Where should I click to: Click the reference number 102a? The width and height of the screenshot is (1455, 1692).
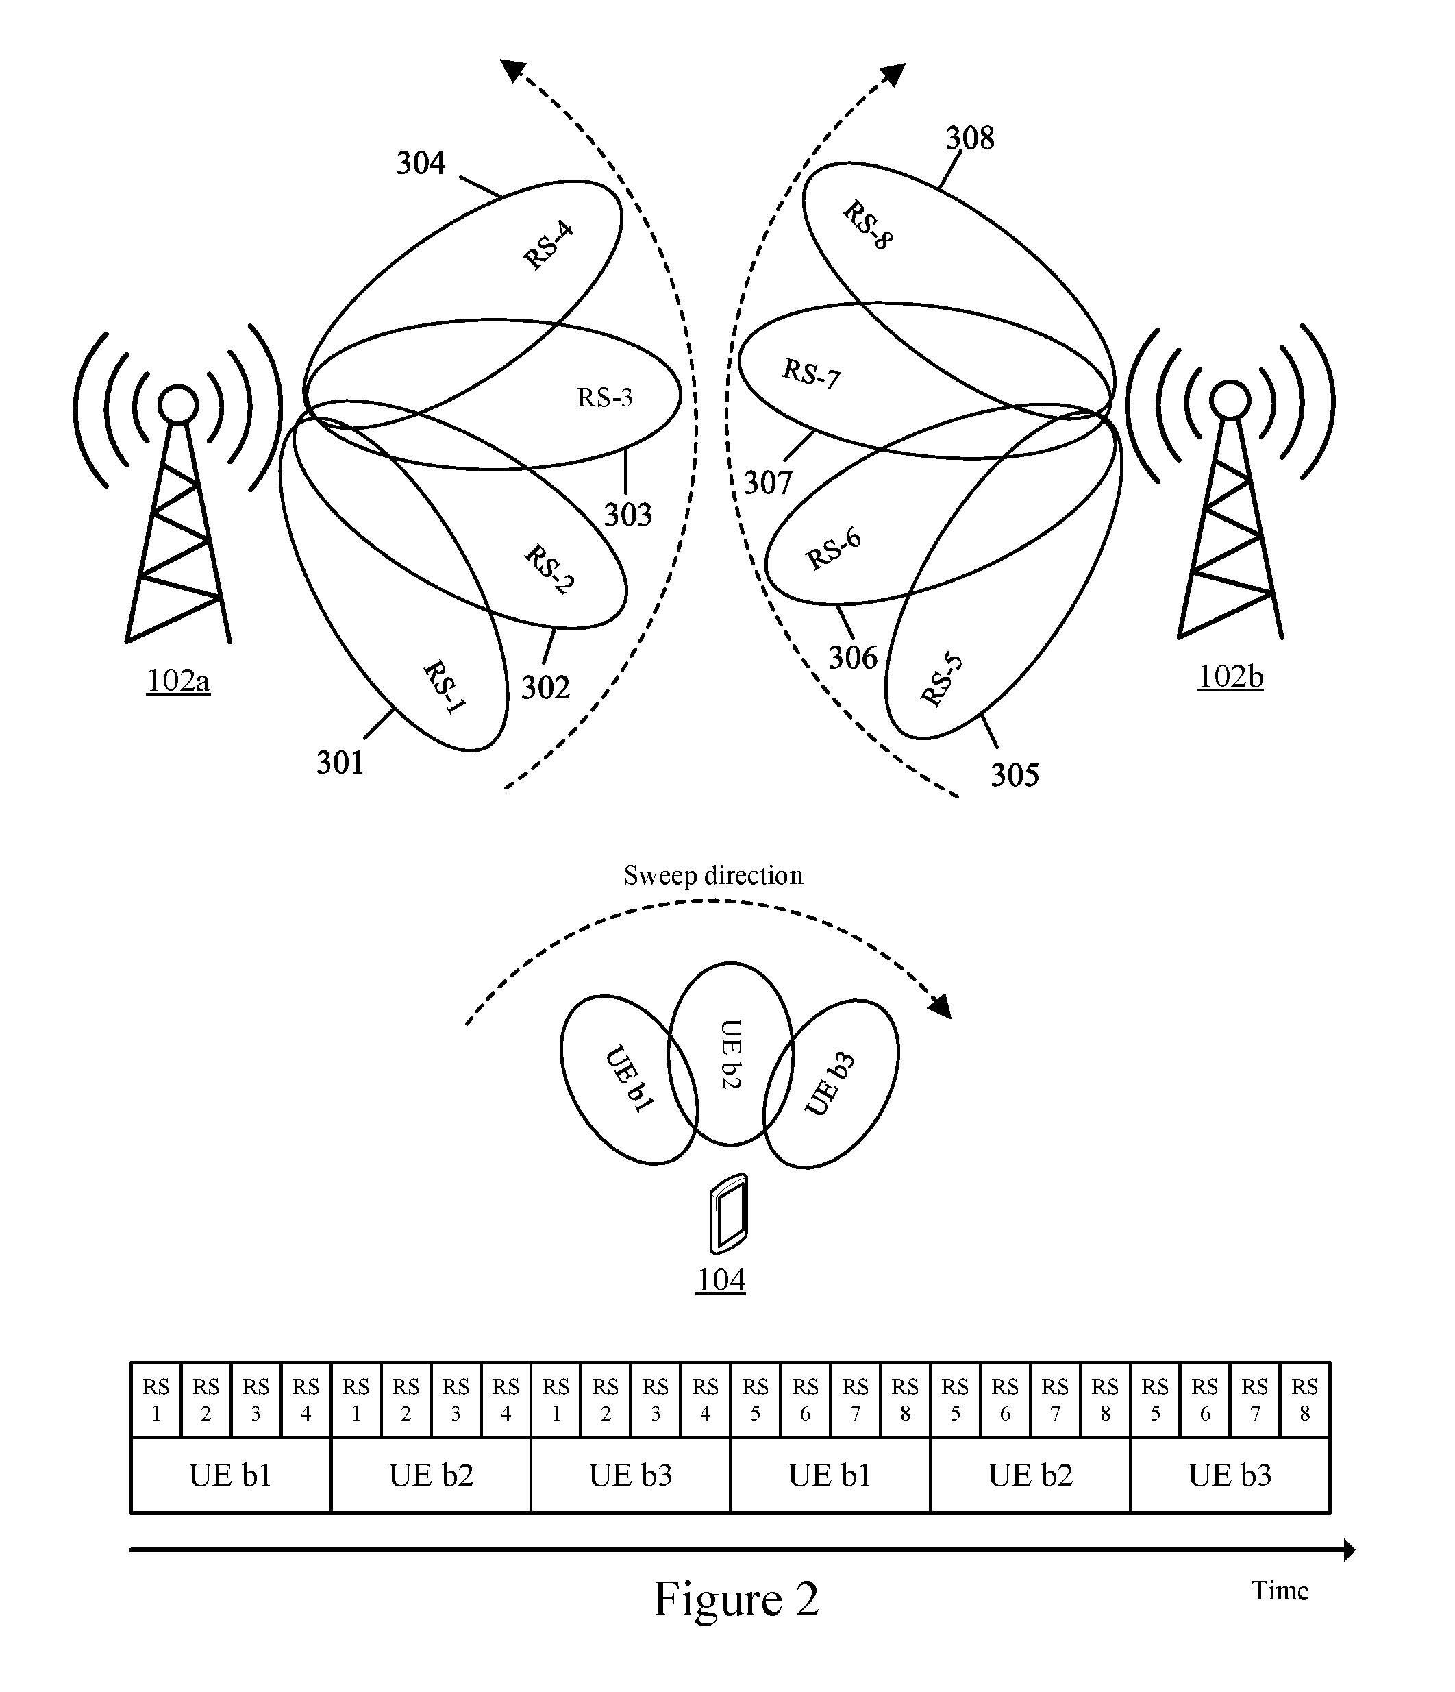coord(178,681)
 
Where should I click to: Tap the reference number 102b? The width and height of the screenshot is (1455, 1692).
coord(1230,677)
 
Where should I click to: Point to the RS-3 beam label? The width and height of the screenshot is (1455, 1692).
coord(604,397)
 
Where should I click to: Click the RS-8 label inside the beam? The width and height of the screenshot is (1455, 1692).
coord(868,225)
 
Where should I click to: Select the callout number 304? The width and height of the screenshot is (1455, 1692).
coord(421,163)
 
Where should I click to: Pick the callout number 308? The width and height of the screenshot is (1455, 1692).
coord(970,138)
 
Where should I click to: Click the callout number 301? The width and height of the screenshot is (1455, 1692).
coord(340,763)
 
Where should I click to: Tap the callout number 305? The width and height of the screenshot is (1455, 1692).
coord(1015,775)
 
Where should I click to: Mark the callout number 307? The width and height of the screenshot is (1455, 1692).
coord(767,483)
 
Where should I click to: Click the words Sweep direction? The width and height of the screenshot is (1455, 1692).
coord(713,875)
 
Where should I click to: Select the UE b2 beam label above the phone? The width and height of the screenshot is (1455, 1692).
coord(731,1053)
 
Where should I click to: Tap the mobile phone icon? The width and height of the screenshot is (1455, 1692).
coord(728,1214)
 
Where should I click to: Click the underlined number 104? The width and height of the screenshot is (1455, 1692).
coord(721,1280)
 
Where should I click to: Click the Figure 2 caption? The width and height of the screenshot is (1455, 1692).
coord(736,1599)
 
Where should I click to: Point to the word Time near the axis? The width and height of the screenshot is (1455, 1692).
coord(1280,1591)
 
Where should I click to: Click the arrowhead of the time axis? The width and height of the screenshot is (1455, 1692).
coord(1349,1550)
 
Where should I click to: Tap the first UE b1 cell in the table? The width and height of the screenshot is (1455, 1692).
coord(231,1475)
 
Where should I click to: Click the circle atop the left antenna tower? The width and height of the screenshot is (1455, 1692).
coord(178,404)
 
